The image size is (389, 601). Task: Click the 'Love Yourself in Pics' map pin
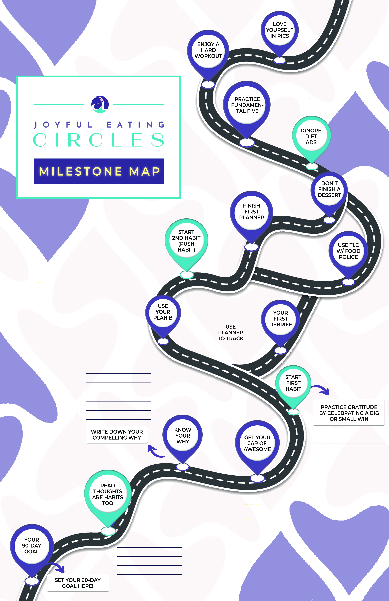280,30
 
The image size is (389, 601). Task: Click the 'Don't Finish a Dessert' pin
329,189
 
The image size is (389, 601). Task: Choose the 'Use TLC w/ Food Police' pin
348,251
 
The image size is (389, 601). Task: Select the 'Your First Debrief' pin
280,319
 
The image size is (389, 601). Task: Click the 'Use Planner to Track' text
231,333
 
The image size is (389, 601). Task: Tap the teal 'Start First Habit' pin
293,383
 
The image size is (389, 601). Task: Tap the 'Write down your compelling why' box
117,435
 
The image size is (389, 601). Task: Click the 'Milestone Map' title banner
99,171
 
